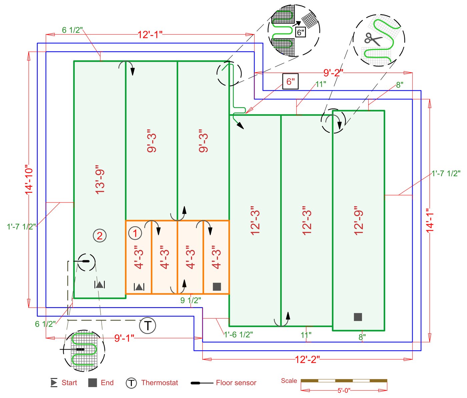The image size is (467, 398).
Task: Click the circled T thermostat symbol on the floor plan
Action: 147,325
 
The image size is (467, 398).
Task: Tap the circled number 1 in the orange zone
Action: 135,233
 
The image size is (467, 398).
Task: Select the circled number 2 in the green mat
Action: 99,236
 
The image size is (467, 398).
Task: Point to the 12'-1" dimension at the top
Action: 150,34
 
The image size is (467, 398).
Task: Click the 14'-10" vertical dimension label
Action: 29,179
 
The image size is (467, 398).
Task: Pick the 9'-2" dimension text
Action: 333,73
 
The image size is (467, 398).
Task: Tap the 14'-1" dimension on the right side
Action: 430,220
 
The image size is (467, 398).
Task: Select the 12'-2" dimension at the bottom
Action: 307,359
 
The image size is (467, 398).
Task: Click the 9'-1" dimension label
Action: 124,338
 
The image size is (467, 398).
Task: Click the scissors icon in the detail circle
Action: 373,39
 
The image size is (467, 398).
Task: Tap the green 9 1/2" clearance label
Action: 190,300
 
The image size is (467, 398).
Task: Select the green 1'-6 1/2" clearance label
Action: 238,335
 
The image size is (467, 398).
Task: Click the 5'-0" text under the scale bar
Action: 344,390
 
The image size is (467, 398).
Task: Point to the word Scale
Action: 289,381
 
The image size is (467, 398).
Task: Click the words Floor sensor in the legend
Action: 236,383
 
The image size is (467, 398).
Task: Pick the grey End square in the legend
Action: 92,383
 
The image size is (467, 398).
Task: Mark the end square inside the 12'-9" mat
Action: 358,317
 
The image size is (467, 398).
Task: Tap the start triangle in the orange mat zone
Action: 139,287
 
